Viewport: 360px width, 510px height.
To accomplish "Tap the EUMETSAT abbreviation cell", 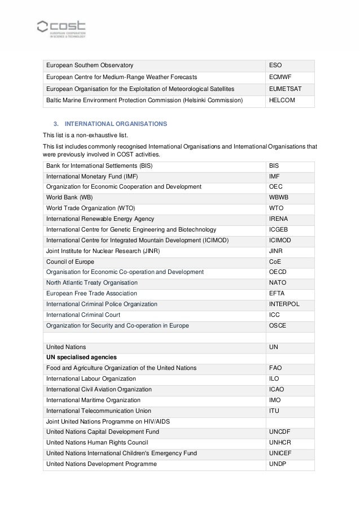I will pos(284,89).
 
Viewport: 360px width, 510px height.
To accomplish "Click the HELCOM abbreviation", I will pos(282,100).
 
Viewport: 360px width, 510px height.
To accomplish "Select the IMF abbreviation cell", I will pos(274,176).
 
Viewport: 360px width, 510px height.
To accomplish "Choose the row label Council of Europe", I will pos(70,261).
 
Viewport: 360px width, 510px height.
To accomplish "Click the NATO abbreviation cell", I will pos(278,282).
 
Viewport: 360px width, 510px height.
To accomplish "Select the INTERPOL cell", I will pos(284,304).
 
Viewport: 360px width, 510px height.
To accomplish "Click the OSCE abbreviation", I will pos(278,325).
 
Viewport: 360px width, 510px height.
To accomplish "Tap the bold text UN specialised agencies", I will pos(81,358).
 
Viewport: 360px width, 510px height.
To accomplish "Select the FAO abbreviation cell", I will pos(275,368).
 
